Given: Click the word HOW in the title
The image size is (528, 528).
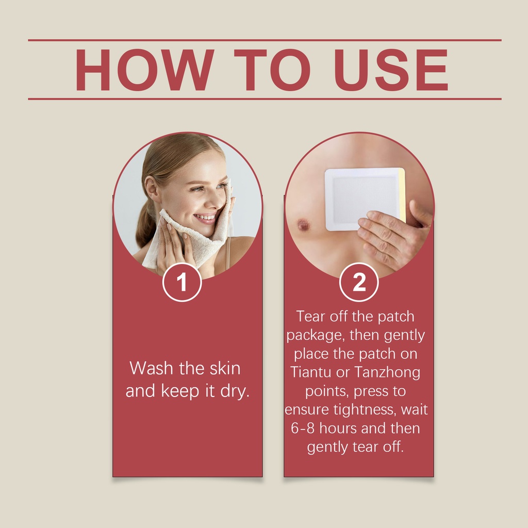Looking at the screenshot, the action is [145, 70].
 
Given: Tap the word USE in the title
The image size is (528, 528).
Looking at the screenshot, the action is [391, 70].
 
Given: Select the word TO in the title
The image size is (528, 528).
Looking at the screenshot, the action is [272, 70].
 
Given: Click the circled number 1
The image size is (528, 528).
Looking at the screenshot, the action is [182, 282].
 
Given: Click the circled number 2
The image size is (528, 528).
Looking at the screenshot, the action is [359, 282].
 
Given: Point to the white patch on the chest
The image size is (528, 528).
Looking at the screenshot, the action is [365, 200].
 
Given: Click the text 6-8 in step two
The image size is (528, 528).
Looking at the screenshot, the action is [302, 428].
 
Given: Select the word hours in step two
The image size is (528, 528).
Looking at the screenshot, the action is [338, 428].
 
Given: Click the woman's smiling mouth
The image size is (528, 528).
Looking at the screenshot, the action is [205, 219].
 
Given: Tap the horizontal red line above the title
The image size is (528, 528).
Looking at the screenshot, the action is [265, 40].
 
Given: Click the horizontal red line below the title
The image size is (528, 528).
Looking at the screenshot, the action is [265, 99].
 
